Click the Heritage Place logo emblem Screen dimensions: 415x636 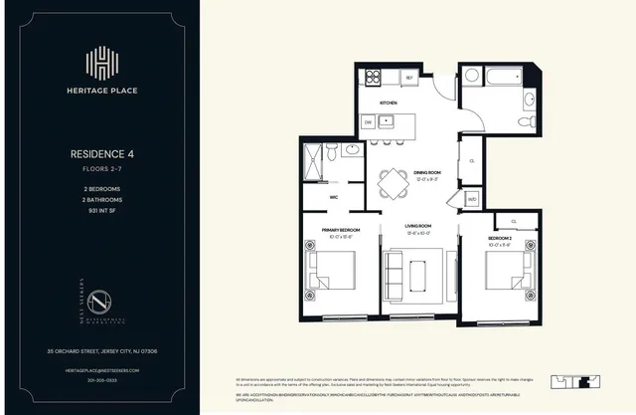coord(102,62)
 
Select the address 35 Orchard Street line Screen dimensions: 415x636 coord(102,350)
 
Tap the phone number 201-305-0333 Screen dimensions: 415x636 coord(102,380)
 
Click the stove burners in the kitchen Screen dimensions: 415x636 coord(375,76)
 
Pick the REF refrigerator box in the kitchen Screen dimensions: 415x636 coord(408,76)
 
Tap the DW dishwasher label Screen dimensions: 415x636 coord(368,121)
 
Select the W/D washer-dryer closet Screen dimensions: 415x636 coord(473,197)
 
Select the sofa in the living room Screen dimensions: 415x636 coord(393,273)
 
